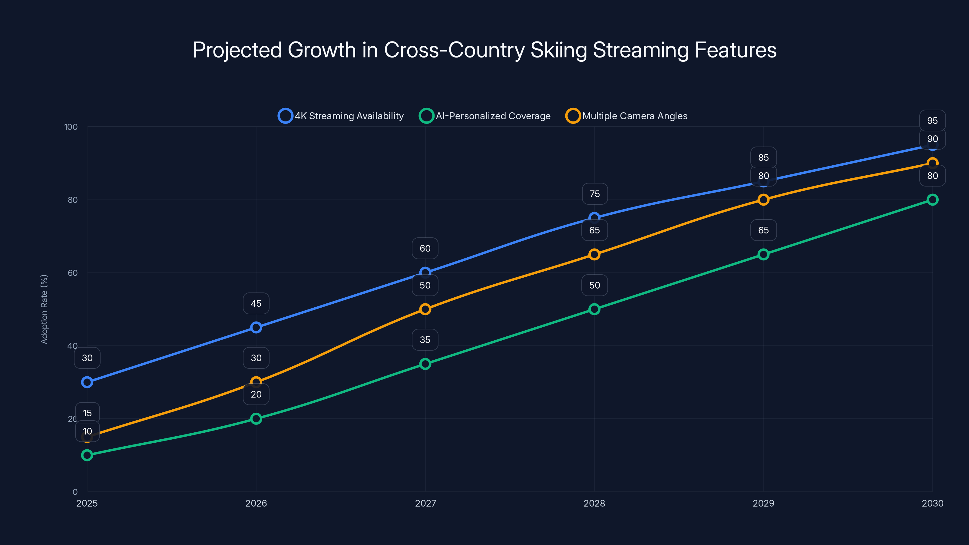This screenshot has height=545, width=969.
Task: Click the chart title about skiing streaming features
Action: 484,50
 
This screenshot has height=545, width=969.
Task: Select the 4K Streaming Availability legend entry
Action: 341,116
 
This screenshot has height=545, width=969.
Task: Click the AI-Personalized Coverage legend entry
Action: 485,116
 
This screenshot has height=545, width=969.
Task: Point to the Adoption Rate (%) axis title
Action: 44,309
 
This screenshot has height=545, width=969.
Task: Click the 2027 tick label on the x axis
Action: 425,503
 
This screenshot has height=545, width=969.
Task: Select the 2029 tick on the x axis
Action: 763,503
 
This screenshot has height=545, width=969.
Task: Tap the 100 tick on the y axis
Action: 71,127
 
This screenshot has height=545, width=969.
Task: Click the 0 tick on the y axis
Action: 75,492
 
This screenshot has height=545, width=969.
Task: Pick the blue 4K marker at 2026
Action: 256,327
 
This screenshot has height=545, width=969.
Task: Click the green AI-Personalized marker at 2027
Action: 425,364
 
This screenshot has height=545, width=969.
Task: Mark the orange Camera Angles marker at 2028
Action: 594,255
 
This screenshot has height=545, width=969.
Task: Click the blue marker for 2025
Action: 87,382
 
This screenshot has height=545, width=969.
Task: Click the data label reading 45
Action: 256,303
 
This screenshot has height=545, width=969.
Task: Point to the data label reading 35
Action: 425,340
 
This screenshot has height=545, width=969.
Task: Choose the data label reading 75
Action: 594,194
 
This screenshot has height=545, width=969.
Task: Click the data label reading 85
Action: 763,157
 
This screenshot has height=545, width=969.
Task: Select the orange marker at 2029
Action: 763,200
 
